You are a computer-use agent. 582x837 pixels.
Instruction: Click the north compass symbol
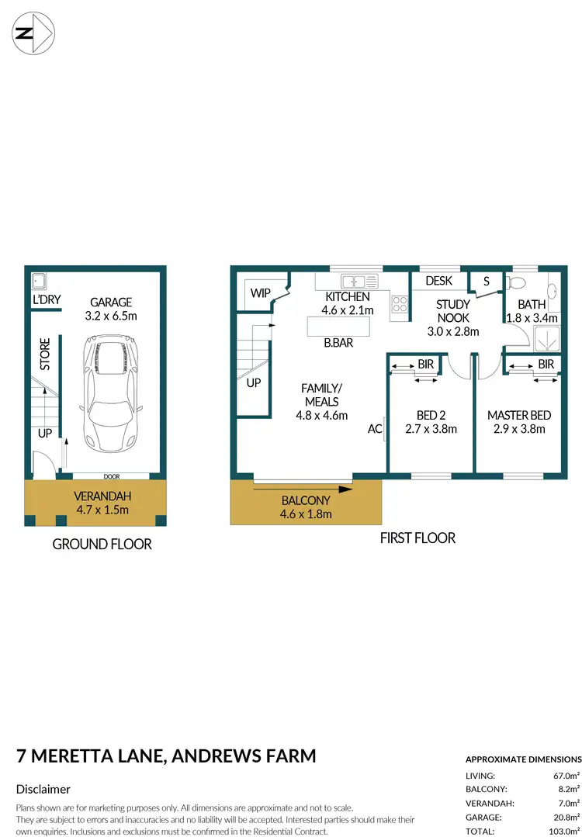click(x=33, y=33)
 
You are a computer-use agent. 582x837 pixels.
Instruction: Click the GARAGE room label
click(x=110, y=302)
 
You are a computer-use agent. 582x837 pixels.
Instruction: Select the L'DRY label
click(x=46, y=299)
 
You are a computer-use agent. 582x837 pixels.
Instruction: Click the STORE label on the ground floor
click(x=45, y=354)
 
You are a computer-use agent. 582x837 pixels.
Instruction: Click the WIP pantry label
click(x=259, y=294)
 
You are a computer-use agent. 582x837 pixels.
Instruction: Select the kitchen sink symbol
click(x=359, y=281)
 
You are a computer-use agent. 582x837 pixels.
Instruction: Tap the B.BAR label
click(x=338, y=342)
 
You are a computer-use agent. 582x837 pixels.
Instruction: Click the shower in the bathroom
click(x=543, y=337)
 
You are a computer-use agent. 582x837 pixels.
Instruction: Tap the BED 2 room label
click(x=431, y=415)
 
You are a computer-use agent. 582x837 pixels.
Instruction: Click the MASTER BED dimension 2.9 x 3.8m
click(x=519, y=428)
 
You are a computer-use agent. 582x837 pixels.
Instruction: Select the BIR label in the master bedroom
click(x=546, y=364)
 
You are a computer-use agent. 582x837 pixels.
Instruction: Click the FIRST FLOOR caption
click(x=417, y=538)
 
